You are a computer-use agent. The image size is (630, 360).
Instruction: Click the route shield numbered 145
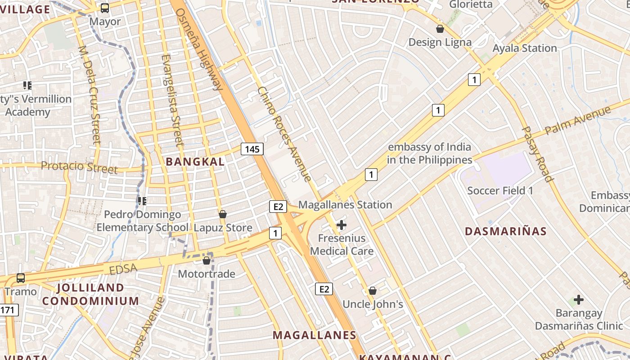(252, 149)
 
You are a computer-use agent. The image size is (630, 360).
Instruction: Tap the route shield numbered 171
(9, 310)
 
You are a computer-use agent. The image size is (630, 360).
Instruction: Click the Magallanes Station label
(345, 205)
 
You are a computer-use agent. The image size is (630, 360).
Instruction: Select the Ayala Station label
(525, 48)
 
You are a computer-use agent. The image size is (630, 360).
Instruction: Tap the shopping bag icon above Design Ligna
(440, 29)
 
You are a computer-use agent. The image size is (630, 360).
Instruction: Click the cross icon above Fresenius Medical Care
(342, 225)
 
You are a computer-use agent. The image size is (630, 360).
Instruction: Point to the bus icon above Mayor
(105, 8)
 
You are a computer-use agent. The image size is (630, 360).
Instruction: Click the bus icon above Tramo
(21, 278)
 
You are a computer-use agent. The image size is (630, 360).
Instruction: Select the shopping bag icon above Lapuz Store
(222, 214)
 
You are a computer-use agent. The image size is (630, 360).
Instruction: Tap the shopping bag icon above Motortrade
(207, 261)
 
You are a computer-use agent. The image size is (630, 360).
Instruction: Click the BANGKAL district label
(195, 162)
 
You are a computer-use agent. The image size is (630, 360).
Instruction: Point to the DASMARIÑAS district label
(505, 231)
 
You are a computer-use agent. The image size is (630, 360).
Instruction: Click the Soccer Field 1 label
(500, 190)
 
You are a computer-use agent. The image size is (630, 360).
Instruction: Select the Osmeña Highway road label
(199, 49)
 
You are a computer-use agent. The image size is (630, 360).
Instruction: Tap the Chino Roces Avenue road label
(284, 134)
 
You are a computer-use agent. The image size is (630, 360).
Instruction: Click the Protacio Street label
(79, 167)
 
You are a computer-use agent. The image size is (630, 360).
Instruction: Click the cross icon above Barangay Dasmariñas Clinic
(579, 299)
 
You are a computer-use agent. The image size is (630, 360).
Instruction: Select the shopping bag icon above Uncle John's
(373, 291)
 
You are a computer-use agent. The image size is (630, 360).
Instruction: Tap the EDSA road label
(123, 269)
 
